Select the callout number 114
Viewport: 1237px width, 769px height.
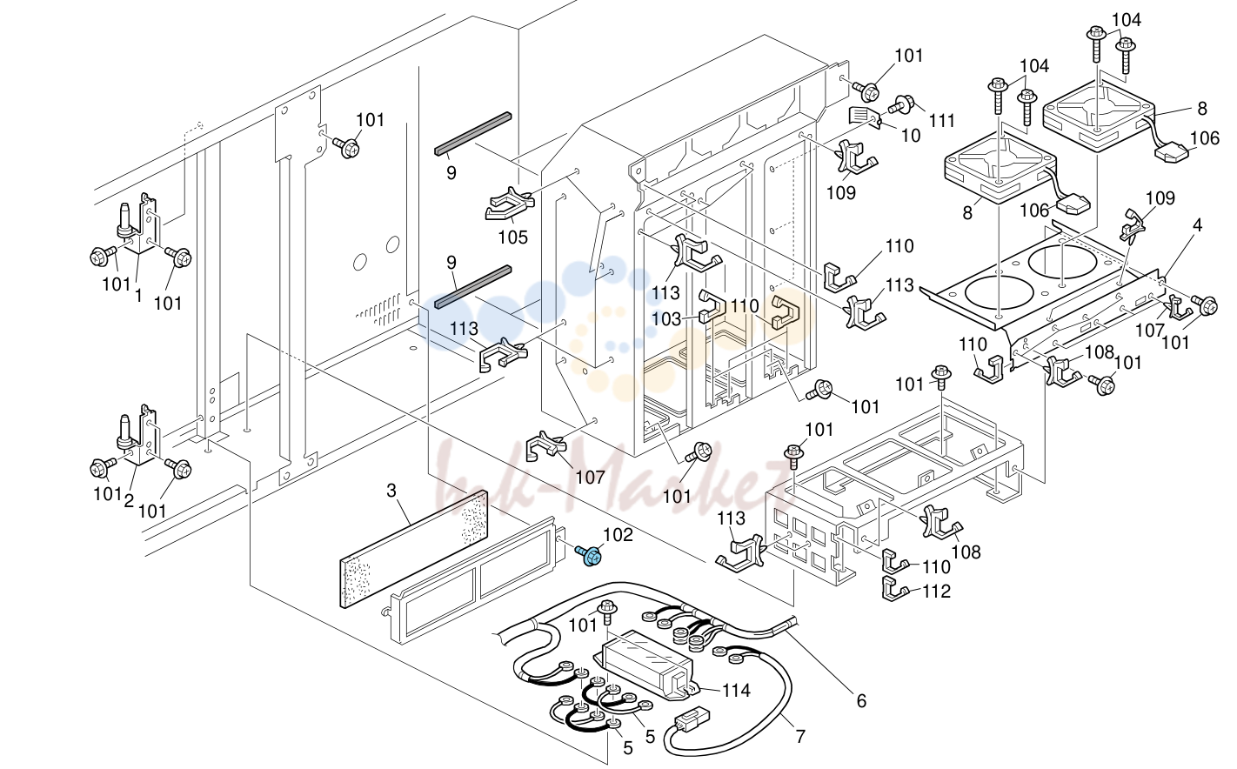pos(736,690)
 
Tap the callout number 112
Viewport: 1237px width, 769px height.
pos(937,592)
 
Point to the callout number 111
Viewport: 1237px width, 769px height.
pos(942,120)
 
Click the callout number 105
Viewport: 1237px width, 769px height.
pos(513,237)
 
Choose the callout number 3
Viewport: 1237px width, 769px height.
pos(391,491)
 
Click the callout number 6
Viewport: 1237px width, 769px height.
pos(861,701)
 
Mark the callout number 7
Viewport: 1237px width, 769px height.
pos(800,736)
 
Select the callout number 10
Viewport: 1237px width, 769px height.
pos(911,136)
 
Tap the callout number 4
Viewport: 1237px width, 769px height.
pos(1197,225)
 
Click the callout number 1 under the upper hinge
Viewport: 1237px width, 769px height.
pos(138,296)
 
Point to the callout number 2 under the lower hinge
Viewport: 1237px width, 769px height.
pos(129,501)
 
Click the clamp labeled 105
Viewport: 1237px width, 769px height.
pos(509,205)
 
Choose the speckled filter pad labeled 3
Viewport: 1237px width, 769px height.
pos(414,549)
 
